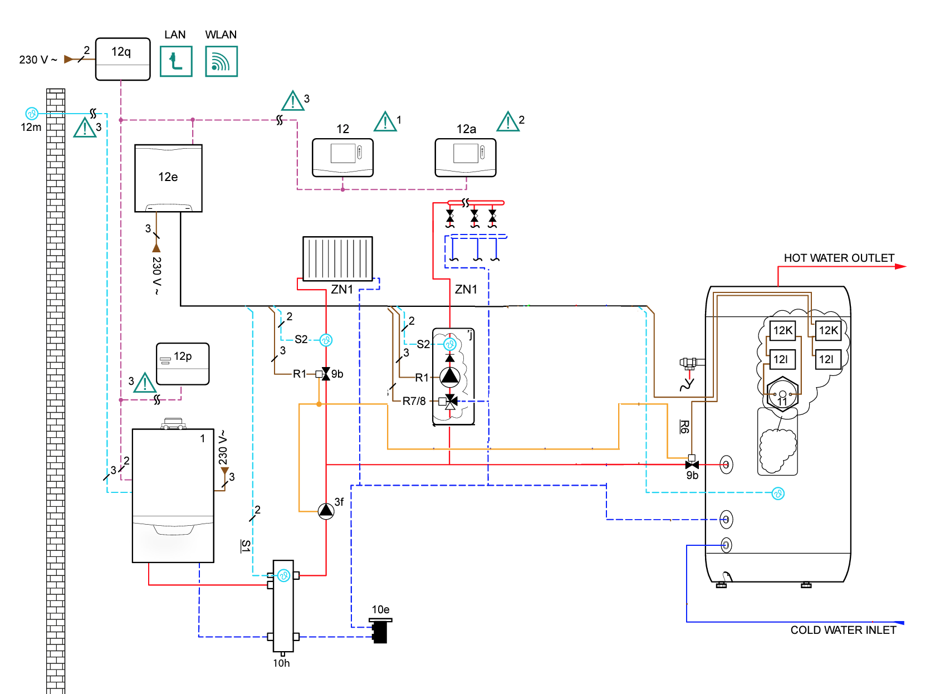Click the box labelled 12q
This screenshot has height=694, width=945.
(x=123, y=58)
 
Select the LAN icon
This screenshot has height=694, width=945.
(x=176, y=61)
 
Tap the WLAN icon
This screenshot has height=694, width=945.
(x=221, y=61)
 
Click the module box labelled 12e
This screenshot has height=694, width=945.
(x=168, y=178)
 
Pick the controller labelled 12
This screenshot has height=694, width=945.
(x=342, y=157)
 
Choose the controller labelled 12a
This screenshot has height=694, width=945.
(x=465, y=157)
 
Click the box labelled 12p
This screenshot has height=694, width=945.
(x=183, y=364)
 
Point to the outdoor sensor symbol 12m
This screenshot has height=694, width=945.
(x=32, y=114)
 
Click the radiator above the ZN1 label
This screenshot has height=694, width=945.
(x=337, y=258)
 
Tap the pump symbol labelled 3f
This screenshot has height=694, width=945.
(x=326, y=511)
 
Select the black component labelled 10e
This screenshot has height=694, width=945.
(x=380, y=632)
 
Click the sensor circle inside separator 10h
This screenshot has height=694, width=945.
(x=283, y=575)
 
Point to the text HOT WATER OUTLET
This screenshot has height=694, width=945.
(x=839, y=258)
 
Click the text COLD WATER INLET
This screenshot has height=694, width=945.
(x=843, y=630)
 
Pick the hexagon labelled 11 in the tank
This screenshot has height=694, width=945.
(x=782, y=394)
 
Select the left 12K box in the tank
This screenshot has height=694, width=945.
(x=782, y=330)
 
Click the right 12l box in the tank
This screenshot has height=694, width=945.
(x=826, y=359)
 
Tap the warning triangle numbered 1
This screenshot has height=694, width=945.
(x=385, y=122)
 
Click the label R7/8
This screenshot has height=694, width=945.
(x=414, y=401)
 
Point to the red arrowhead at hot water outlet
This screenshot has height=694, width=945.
(x=901, y=266)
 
